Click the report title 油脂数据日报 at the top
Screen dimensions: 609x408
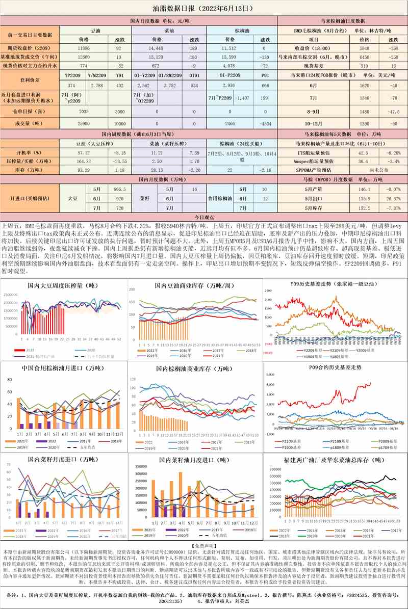pos(203,9)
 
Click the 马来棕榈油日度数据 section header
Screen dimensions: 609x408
pos(342,21)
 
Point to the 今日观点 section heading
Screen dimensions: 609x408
pos(203,218)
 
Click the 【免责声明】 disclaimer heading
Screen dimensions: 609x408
pos(203,545)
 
